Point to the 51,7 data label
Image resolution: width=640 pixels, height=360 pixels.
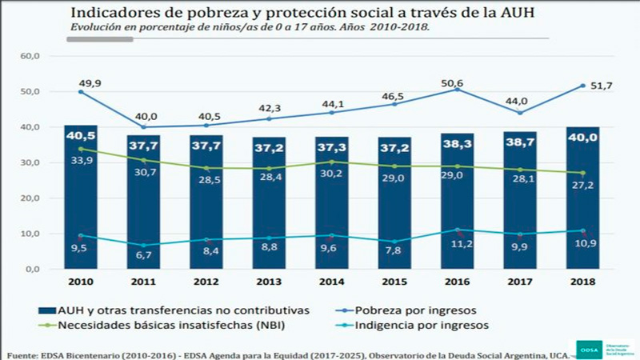(602, 86)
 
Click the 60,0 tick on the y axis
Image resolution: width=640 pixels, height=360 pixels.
(30, 56)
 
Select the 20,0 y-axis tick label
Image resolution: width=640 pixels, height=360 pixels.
(30, 198)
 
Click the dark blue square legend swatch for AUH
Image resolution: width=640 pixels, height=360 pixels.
(50, 310)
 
